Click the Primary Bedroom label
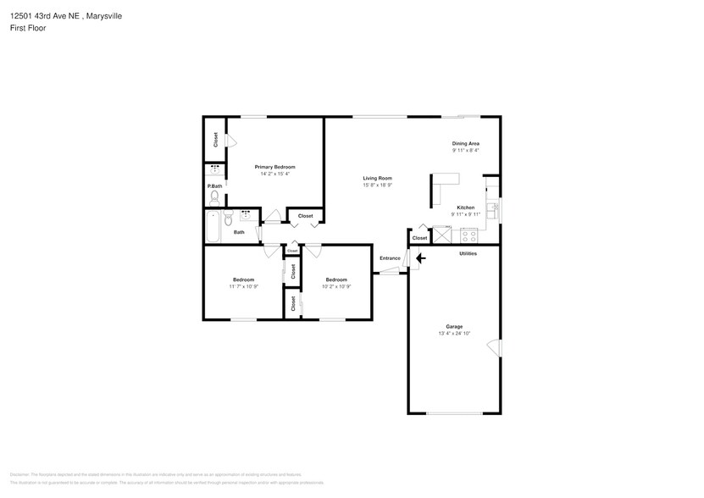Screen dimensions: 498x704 click(x=274, y=167)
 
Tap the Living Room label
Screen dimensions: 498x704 click(x=377, y=178)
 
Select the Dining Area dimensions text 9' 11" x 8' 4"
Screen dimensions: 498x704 click(x=465, y=151)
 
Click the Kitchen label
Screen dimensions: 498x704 click(x=465, y=207)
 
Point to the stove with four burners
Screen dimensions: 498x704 click(x=468, y=235)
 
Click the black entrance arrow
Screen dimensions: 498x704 click(x=420, y=258)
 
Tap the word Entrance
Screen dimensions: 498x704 click(x=390, y=258)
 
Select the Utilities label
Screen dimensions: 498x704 click(x=468, y=253)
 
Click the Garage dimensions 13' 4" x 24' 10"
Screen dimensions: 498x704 click(x=454, y=334)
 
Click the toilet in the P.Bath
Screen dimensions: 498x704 click(x=214, y=198)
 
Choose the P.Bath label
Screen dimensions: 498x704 click(x=214, y=186)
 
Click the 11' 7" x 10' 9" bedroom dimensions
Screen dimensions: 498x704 click(x=243, y=286)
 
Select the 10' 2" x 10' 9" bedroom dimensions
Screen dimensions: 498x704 click(x=336, y=286)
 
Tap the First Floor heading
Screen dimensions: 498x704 click(x=28, y=28)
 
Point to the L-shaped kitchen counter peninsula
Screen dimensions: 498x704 click(x=440, y=186)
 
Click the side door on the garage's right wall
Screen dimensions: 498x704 click(x=500, y=348)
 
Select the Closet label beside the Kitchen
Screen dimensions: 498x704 click(x=419, y=238)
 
